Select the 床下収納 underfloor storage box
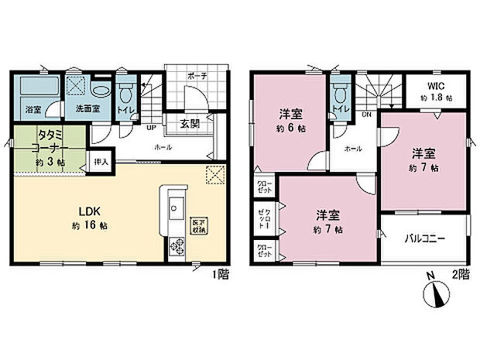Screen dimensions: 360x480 [x=199, y=225]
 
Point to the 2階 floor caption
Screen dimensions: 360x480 [x=460, y=273]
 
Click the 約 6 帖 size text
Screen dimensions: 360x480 [x=290, y=129]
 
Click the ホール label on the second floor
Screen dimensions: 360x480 [x=353, y=148]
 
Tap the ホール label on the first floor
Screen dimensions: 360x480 [x=163, y=146]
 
